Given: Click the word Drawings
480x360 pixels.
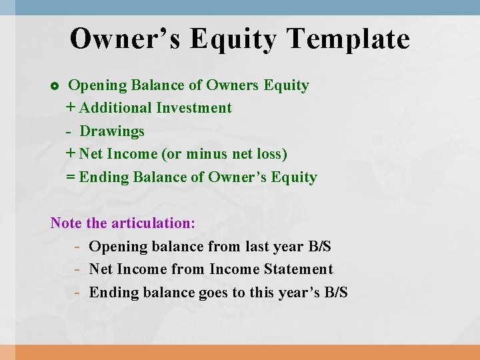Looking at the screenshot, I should (112, 131).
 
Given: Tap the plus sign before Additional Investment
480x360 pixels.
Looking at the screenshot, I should (71, 108).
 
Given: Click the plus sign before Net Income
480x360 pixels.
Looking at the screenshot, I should (71, 154).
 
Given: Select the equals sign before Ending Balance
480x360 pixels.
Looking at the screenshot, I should (71, 177).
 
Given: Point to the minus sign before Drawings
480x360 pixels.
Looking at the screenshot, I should (69, 131).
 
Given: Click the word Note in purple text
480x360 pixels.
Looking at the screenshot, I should (66, 223).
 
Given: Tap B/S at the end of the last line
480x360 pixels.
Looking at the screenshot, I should (335, 293).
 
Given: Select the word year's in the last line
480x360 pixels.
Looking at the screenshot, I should (299, 293).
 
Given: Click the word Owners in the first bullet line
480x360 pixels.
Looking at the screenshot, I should (233, 85).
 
